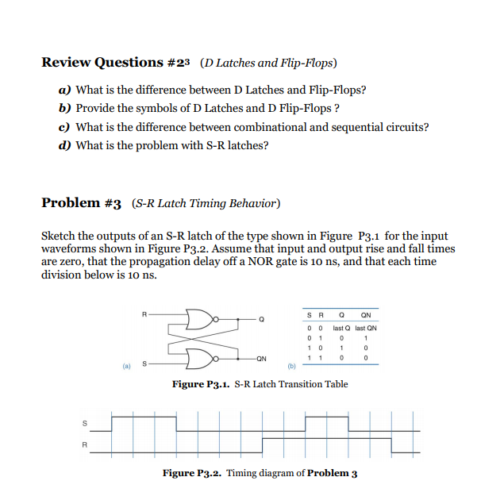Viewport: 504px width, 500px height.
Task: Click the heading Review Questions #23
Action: (113, 63)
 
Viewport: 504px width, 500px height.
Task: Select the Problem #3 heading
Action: (81, 202)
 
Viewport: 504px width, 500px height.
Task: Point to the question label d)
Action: (64, 145)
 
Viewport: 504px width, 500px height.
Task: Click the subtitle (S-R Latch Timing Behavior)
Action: (206, 203)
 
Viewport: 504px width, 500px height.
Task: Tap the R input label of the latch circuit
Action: (144, 314)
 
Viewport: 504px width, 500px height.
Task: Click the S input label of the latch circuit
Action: (144, 363)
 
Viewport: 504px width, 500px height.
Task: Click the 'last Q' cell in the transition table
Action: (340, 328)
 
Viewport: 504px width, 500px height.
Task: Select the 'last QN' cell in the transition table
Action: (366, 328)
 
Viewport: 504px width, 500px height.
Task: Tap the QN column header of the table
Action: (365, 313)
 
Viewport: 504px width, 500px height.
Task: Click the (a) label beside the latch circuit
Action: (125, 367)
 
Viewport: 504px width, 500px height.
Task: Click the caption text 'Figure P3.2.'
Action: (192, 473)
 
